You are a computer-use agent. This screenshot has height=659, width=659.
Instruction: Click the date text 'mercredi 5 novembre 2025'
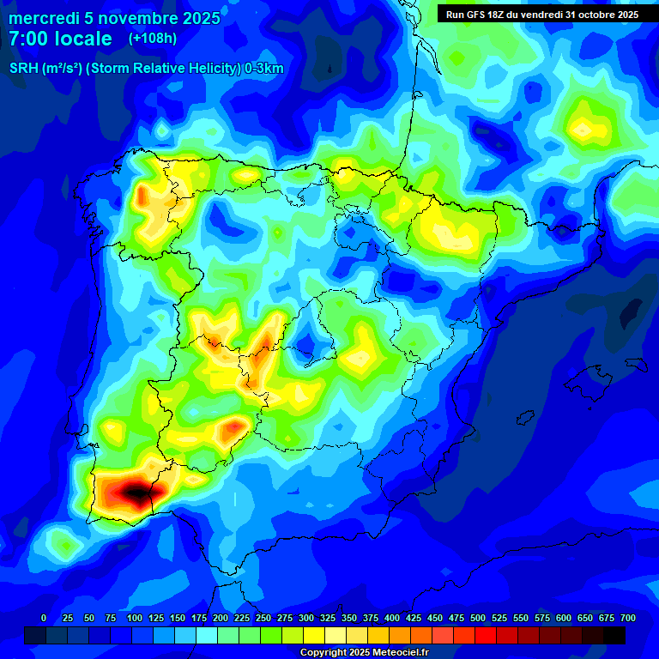tap(114, 18)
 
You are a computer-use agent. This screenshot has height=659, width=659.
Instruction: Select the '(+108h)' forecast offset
tap(152, 39)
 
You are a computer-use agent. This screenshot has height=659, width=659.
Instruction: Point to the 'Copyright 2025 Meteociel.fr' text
tap(364, 652)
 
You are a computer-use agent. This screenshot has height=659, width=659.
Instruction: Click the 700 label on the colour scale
tap(627, 618)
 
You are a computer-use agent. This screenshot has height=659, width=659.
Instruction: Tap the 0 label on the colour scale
tap(44, 618)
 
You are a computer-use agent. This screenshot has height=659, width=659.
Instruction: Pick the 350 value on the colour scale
tap(349, 618)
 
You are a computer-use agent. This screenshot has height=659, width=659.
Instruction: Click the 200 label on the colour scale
tap(221, 618)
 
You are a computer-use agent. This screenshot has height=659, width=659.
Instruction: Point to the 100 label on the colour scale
tap(135, 618)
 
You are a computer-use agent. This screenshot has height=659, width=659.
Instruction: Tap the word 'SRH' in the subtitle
tap(23, 69)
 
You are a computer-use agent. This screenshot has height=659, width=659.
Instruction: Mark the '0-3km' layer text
tap(263, 69)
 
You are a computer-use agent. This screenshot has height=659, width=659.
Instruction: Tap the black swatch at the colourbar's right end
tap(614, 635)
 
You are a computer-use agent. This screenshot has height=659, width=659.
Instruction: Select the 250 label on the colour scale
tap(263, 618)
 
